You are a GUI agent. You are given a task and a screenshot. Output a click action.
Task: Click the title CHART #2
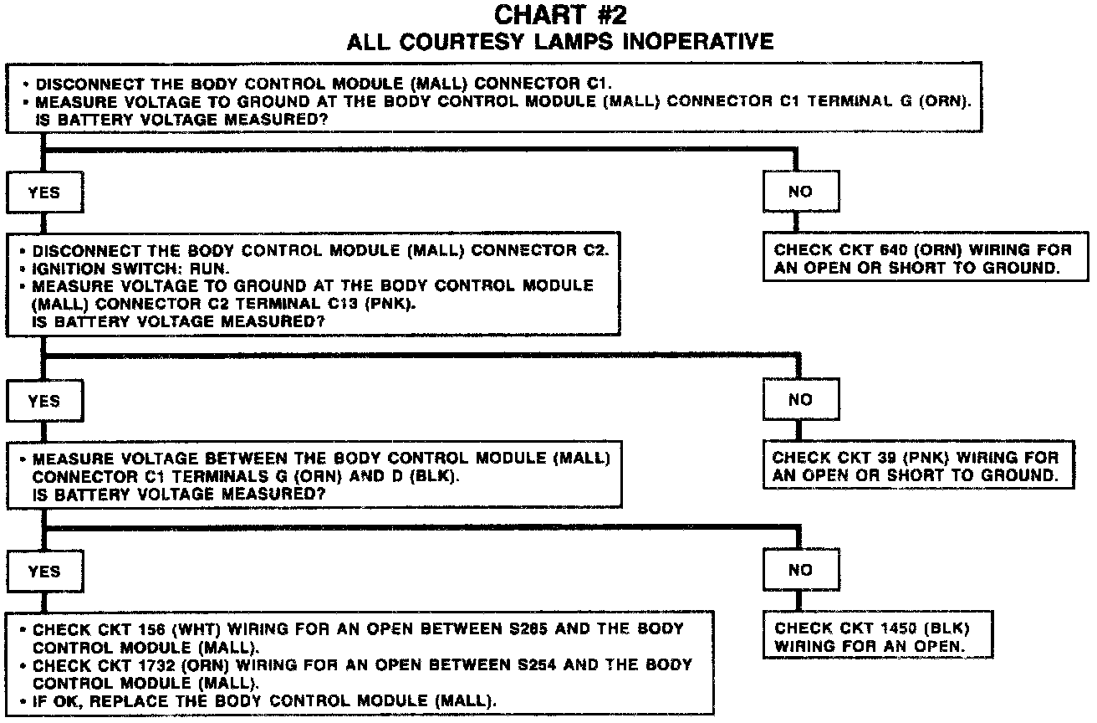pos(560,15)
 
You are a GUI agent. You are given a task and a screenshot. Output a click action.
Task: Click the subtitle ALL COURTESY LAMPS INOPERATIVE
pos(560,41)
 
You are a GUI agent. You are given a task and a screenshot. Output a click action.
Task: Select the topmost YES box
pos(44,192)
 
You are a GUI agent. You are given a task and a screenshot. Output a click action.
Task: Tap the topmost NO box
pos(800,192)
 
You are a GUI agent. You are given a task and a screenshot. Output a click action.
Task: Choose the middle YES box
pos(44,402)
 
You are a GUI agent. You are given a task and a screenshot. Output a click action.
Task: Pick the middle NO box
pos(800,400)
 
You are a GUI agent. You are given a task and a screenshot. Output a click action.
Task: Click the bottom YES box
pos(44,572)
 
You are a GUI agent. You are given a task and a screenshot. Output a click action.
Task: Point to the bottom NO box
pos(800,570)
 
